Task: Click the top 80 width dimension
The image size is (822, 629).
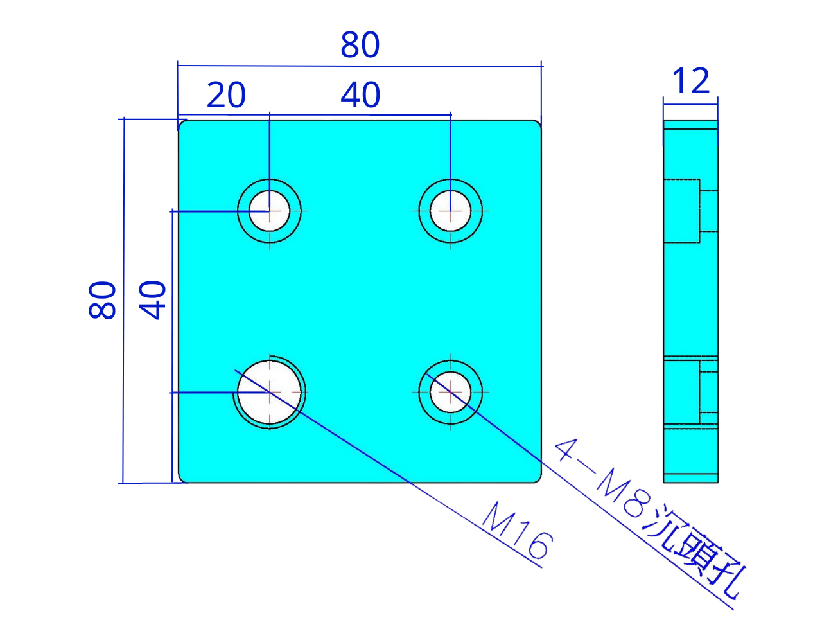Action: tap(360, 46)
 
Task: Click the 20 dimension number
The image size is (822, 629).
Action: tap(226, 95)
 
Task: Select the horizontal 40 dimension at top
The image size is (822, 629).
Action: tap(360, 95)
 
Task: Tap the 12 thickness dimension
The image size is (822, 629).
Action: tap(691, 81)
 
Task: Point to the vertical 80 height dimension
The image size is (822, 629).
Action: tap(103, 300)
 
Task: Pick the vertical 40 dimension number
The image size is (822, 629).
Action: tap(153, 300)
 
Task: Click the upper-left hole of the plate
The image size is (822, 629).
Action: tap(270, 211)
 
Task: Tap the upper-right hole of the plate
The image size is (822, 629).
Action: tap(451, 211)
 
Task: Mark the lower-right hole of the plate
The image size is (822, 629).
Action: tap(451, 392)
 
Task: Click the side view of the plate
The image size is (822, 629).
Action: tap(690, 302)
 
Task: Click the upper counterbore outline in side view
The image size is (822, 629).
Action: tap(682, 211)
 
